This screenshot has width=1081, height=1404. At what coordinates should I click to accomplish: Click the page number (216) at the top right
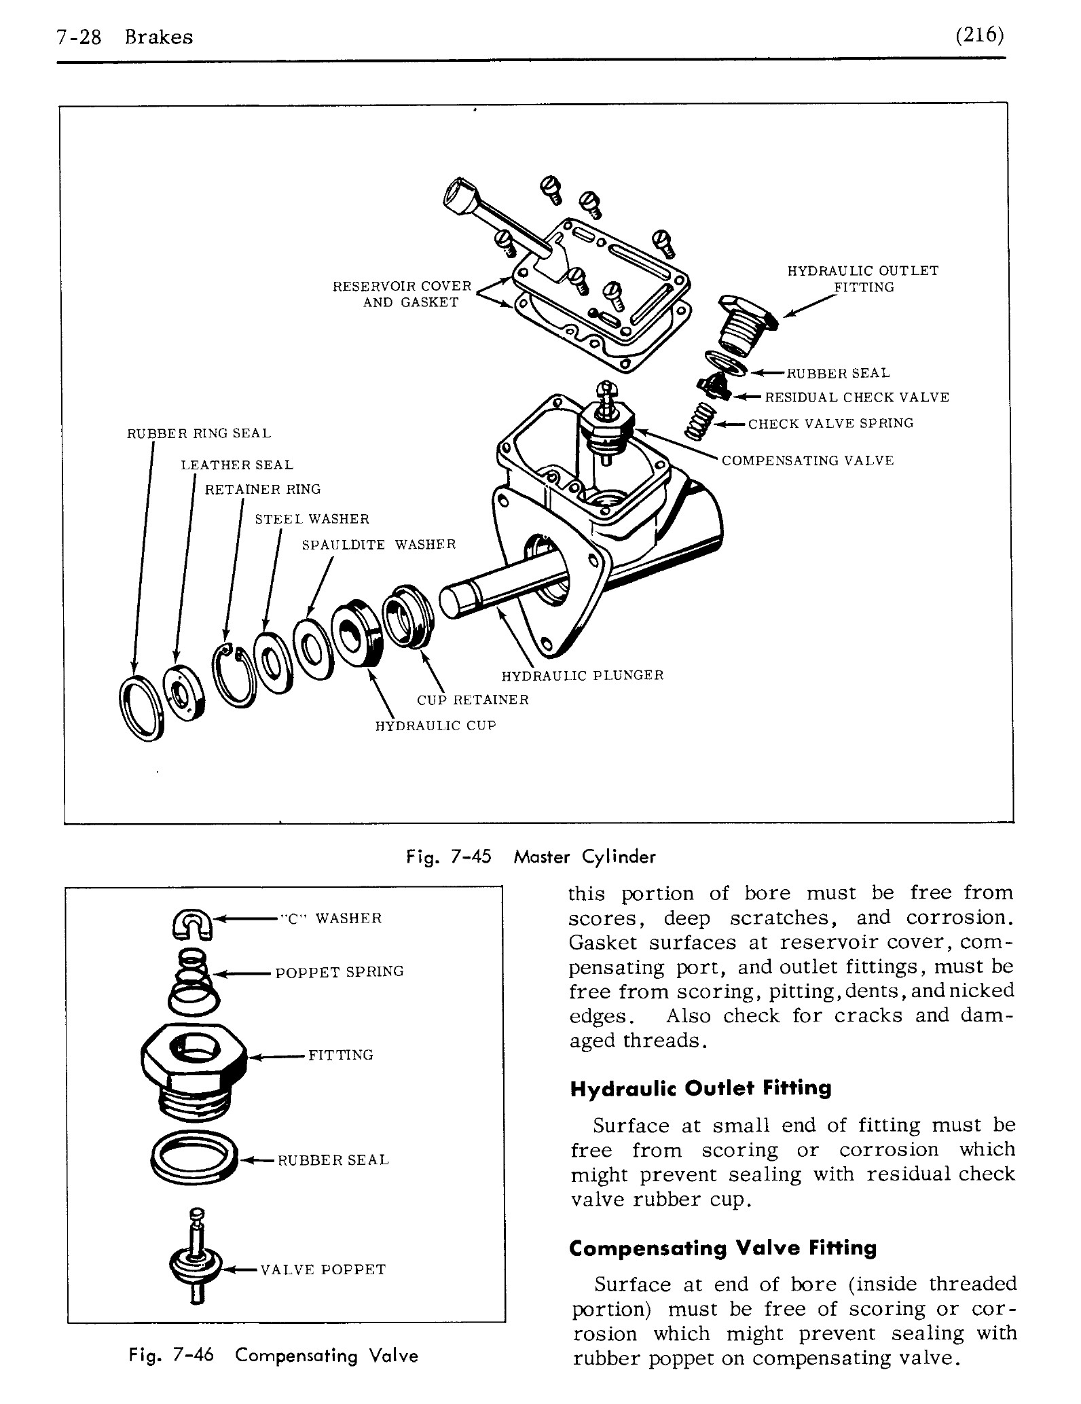click(x=979, y=35)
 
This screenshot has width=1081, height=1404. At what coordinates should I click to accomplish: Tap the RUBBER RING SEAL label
click(x=199, y=433)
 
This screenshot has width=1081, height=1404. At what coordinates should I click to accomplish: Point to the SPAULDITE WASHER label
click(x=378, y=545)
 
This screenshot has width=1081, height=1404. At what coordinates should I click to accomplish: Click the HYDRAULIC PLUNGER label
click(x=582, y=675)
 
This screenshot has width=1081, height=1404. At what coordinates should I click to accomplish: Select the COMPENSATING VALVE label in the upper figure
click(x=807, y=461)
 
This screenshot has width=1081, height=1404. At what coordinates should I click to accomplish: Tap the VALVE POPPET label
click(x=323, y=1270)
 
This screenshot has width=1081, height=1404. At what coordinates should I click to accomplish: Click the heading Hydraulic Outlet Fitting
click(x=700, y=1089)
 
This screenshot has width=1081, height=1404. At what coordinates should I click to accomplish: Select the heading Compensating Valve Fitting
click(x=722, y=1248)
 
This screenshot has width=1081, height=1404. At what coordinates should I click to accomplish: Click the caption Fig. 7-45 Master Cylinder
click(x=530, y=857)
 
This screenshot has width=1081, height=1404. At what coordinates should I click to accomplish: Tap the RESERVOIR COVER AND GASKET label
click(x=402, y=294)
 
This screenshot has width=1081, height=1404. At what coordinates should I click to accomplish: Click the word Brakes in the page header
click(x=159, y=37)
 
